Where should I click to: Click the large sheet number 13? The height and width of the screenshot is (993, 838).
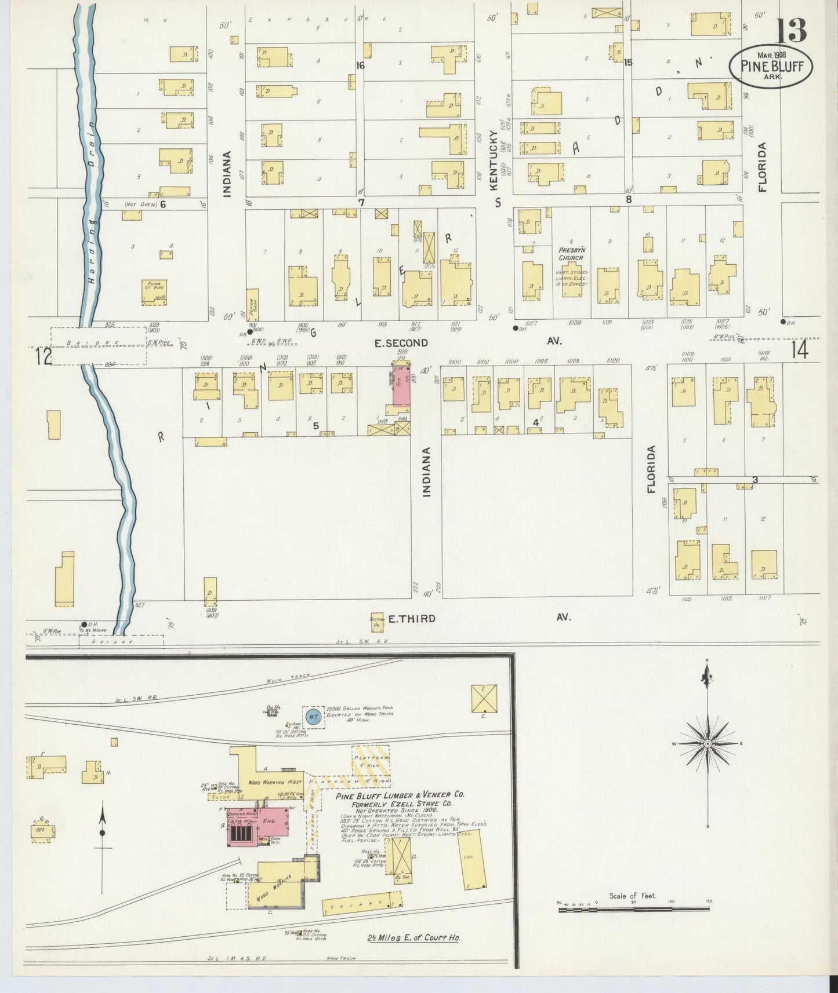[791, 30]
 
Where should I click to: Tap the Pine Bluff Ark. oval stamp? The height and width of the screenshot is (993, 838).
[771, 67]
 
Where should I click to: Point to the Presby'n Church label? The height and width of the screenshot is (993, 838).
[571, 254]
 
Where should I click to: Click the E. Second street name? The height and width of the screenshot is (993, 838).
[401, 343]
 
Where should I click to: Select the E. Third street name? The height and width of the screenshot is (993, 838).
[412, 618]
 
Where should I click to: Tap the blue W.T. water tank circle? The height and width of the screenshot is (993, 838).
[313, 717]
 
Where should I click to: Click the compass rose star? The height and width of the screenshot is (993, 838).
[707, 743]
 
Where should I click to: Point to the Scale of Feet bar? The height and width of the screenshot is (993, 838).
[633, 910]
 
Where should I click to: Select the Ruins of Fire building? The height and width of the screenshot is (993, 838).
[154, 291]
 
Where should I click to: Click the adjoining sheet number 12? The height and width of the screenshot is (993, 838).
[43, 356]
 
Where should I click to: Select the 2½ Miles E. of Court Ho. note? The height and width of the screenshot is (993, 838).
[413, 937]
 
